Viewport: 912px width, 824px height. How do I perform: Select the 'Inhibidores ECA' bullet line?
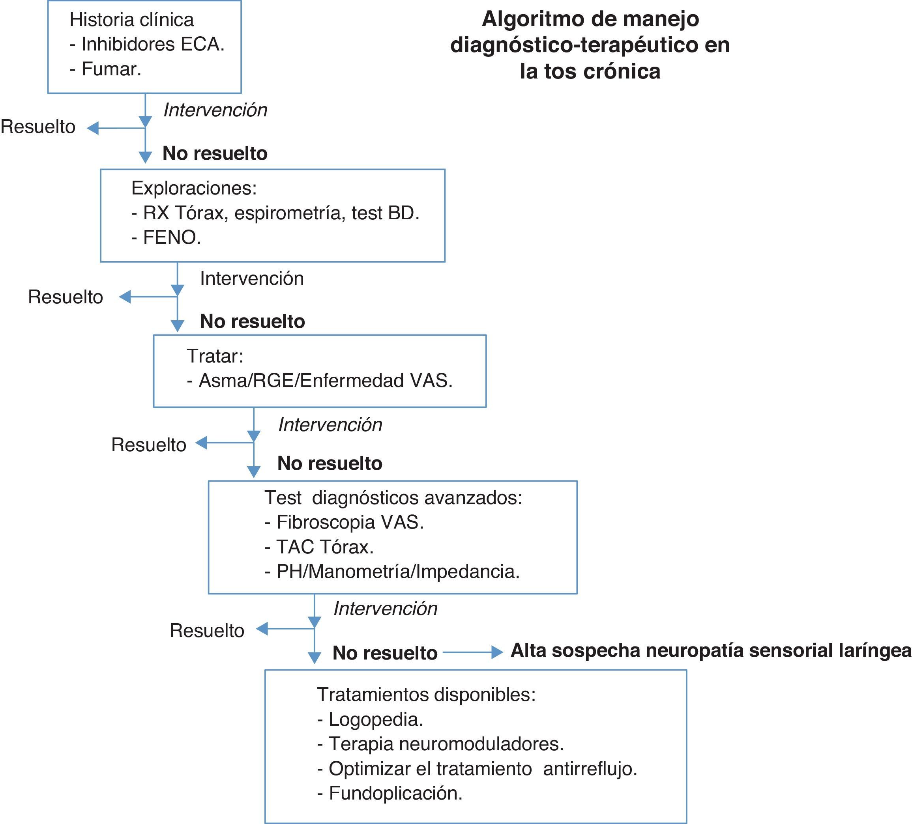click(148, 44)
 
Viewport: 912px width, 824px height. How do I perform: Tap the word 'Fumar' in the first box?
click(111, 69)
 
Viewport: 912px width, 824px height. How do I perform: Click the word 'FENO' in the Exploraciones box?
click(171, 237)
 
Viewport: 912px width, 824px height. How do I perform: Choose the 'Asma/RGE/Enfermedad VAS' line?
click(320, 381)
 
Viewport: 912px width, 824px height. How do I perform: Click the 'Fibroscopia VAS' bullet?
click(344, 522)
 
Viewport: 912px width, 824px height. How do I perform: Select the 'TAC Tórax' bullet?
click(319, 547)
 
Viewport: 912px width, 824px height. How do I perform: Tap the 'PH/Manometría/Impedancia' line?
click(392, 572)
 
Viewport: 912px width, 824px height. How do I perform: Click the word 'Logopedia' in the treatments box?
click(375, 719)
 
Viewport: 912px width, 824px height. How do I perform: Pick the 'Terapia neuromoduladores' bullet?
click(441, 744)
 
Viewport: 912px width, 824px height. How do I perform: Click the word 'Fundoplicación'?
click(395, 793)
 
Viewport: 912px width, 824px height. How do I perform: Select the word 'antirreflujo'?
click(590, 769)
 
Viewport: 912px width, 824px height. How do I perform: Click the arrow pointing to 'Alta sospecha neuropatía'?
click(473, 652)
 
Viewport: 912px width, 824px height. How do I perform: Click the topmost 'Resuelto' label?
click(38, 127)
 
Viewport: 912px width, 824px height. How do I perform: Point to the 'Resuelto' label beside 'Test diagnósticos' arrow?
click(207, 631)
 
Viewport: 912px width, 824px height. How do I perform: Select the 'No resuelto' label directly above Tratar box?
click(253, 321)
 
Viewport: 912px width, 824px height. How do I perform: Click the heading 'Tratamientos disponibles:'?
click(426, 695)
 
